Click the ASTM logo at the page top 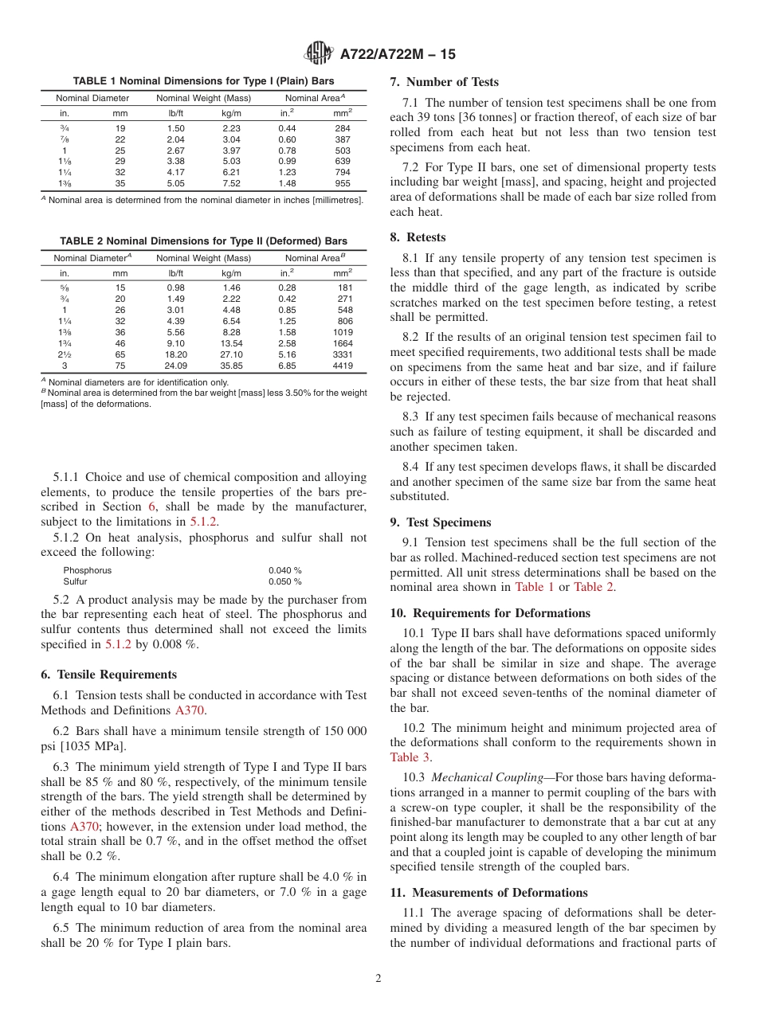click(x=319, y=54)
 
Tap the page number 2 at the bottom click(x=378, y=978)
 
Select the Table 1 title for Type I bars click(x=203, y=81)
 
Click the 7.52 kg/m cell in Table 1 click(x=231, y=182)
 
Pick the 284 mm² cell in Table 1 click(x=343, y=127)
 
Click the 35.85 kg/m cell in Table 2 click(x=231, y=366)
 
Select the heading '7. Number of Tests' click(x=444, y=82)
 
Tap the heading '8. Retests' click(x=418, y=237)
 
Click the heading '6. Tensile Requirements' click(x=108, y=675)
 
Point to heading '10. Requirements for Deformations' click(x=490, y=613)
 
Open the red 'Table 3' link click(x=410, y=757)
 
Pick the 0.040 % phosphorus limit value click(x=285, y=570)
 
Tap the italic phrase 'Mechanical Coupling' click(x=482, y=777)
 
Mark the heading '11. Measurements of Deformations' click(x=488, y=893)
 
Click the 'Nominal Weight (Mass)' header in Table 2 click(x=203, y=258)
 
